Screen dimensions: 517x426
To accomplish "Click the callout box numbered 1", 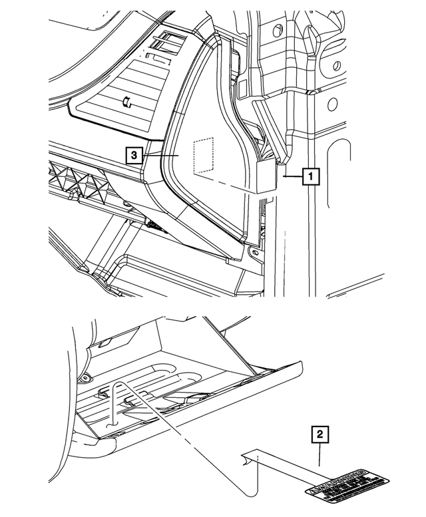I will click(309, 177).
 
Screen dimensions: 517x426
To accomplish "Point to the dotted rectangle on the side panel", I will click(202, 157).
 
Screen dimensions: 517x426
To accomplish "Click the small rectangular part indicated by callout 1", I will click(268, 177).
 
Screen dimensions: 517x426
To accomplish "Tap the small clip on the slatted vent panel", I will click(125, 102).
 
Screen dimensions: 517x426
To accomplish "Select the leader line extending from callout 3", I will click(160, 154).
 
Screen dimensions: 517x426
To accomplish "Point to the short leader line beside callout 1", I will click(292, 178).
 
